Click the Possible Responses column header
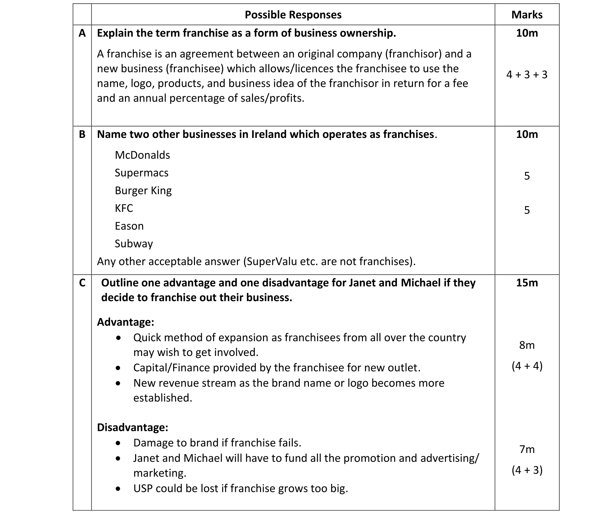[x=293, y=15]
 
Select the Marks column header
[x=527, y=15]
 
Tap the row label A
[x=82, y=33]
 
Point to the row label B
[x=82, y=135]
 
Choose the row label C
[x=82, y=283]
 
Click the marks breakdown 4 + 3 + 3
[x=527, y=75]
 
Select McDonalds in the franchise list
[x=142, y=155]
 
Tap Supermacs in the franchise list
[x=141, y=173]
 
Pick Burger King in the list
[x=143, y=191]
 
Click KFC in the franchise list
[x=124, y=209]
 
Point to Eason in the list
[x=129, y=226]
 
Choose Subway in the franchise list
[x=134, y=244]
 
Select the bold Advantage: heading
[x=126, y=322]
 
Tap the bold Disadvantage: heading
[x=132, y=428]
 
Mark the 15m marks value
[x=527, y=283]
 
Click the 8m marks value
[x=527, y=345]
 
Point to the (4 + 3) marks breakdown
[x=527, y=470]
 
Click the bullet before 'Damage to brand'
[x=118, y=443]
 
